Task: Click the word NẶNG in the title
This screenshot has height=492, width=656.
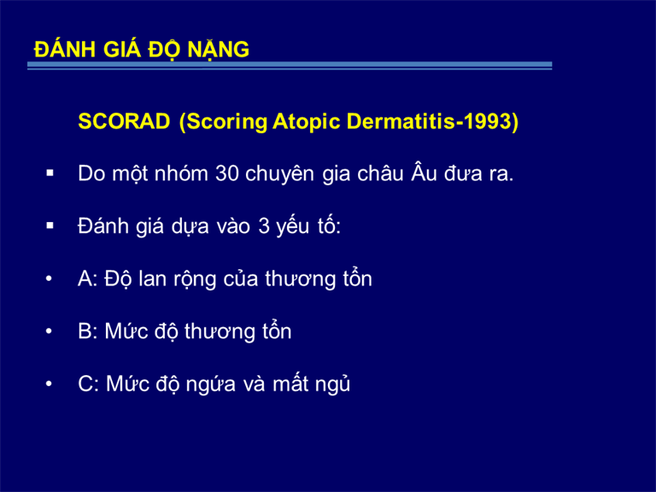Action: pyautogui.click(x=218, y=50)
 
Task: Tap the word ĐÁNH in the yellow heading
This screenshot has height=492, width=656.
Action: pyautogui.click(x=65, y=49)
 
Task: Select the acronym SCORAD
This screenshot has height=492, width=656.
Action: pyautogui.click(x=124, y=121)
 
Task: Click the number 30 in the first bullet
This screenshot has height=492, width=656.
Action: pyautogui.click(x=226, y=173)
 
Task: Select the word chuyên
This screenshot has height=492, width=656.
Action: pyautogui.click(x=279, y=174)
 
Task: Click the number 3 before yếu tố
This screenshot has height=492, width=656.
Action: pyautogui.click(x=264, y=226)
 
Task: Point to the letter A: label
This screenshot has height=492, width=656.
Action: pyautogui.click(x=88, y=279)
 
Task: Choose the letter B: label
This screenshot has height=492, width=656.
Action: pyautogui.click(x=88, y=331)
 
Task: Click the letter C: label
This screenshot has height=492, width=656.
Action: pyautogui.click(x=88, y=384)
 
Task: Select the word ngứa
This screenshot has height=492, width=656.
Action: pyautogui.click(x=211, y=385)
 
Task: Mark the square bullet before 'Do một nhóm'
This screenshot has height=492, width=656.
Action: pyautogui.click(x=50, y=173)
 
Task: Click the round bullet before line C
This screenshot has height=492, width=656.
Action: pyautogui.click(x=49, y=384)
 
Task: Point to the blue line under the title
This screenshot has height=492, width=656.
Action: pyautogui.click(x=290, y=66)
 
